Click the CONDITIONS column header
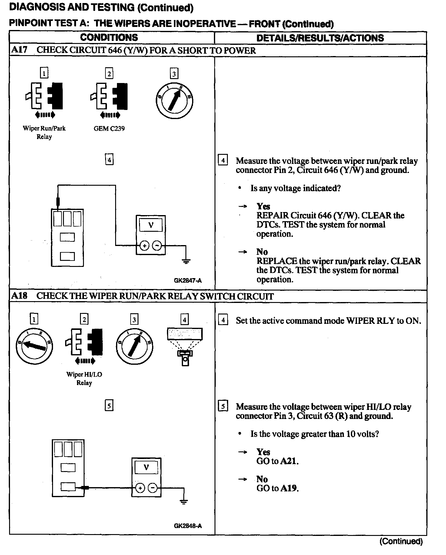click(109, 38)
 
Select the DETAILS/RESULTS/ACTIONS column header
click(320, 38)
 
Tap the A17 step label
click(19, 50)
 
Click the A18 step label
click(19, 296)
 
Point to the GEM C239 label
click(109, 128)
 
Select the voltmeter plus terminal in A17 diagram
click(145, 246)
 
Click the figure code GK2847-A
click(188, 281)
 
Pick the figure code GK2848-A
click(188, 526)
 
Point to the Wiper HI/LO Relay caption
click(84, 378)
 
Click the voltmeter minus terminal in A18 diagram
click(153, 488)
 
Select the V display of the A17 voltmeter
click(151, 225)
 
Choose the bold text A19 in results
click(289, 488)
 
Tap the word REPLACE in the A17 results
click(277, 261)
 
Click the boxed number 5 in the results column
click(223, 406)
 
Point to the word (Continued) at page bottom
click(401, 541)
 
